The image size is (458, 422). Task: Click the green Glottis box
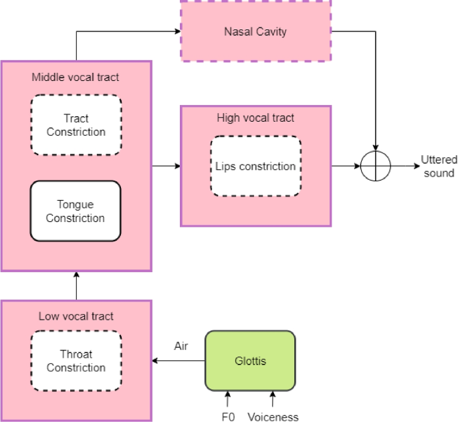(x=249, y=360)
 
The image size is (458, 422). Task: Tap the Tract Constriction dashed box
(x=76, y=125)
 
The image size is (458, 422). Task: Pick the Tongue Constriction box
(x=76, y=211)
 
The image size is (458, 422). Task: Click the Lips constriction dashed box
(x=255, y=166)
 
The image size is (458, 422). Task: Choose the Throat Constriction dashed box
(x=76, y=361)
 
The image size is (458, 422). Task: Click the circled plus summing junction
(x=376, y=166)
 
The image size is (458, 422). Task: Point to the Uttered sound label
(x=439, y=167)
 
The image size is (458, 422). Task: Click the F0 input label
(x=228, y=417)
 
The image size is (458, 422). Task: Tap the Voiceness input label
(x=272, y=417)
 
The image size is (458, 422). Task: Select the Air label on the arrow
(x=181, y=347)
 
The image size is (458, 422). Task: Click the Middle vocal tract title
(x=76, y=78)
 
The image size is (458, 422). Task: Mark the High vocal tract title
(x=255, y=118)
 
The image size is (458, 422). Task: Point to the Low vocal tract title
(x=76, y=316)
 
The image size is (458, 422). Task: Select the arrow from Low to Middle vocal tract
(x=76, y=286)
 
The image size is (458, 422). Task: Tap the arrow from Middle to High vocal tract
(x=166, y=166)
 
